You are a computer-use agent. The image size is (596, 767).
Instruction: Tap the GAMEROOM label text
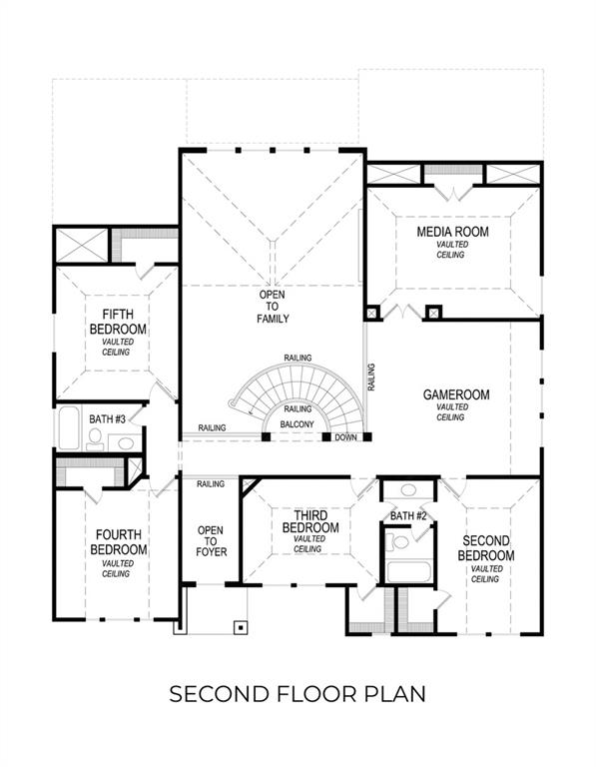[456, 395]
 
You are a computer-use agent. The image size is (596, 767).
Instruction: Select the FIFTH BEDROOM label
[118, 322]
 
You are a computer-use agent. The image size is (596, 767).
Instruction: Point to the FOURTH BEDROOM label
[118, 542]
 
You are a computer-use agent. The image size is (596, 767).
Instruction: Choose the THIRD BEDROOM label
[309, 520]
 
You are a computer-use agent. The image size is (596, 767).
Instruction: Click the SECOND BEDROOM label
[486, 548]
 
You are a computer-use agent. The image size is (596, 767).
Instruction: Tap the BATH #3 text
[107, 418]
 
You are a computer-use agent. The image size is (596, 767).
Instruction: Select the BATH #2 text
[408, 515]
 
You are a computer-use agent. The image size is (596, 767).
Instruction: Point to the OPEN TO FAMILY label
[274, 307]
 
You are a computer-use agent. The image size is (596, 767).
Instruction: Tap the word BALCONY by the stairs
[298, 425]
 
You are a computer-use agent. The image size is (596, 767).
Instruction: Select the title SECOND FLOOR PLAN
[298, 693]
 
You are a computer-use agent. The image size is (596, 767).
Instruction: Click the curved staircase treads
[299, 384]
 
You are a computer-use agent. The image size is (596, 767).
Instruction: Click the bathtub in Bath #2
[406, 572]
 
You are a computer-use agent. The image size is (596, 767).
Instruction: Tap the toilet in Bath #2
[400, 542]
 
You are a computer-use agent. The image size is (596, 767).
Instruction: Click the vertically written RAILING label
[371, 376]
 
